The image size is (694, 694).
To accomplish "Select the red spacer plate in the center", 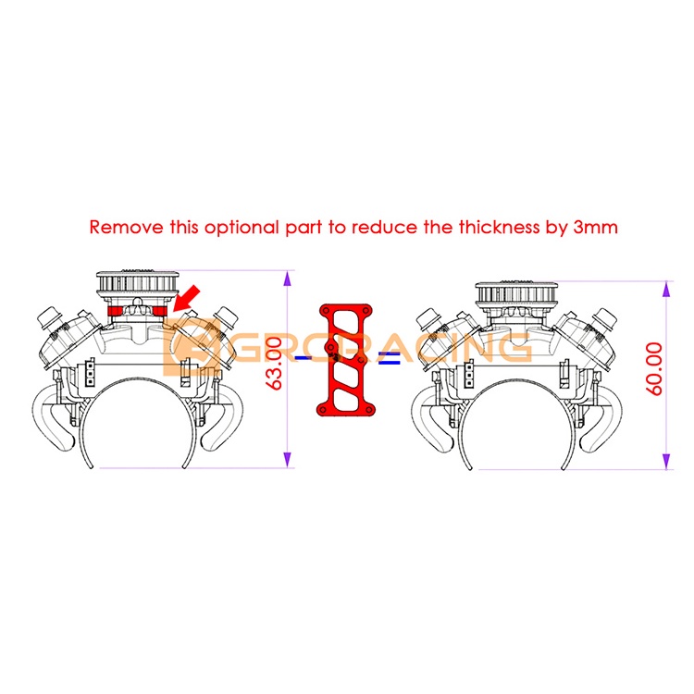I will click(x=345, y=358).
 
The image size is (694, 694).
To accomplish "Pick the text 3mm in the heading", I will click(x=595, y=226).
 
